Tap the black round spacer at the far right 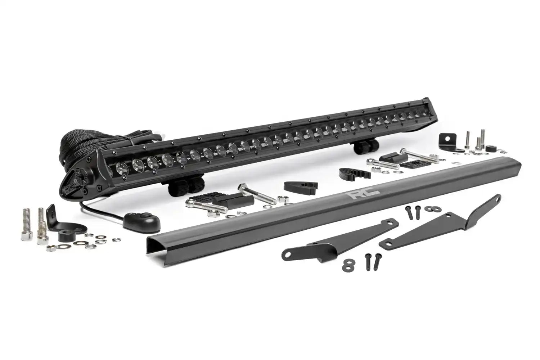point(490,149)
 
